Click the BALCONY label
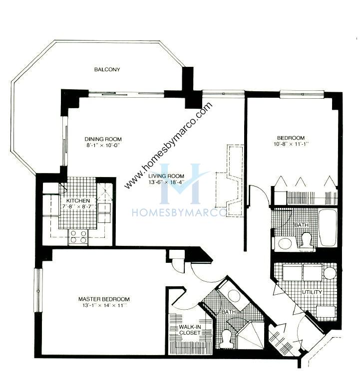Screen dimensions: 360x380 pos(107,69)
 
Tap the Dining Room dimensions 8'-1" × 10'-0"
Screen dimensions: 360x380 pos(103,146)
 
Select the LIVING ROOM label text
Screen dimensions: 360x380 pos(166,176)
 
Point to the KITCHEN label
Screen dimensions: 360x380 pos(78,200)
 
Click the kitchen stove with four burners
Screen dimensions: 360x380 pos(78,237)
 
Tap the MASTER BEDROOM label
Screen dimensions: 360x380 pos(104,299)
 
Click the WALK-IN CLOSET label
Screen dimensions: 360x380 pos(190,330)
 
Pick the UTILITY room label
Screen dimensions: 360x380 pos(312,292)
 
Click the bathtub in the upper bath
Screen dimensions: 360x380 pos(328,228)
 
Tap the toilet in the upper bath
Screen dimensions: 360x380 pos(306,240)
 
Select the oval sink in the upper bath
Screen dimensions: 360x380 pos(285,243)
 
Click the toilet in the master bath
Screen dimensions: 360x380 pos(227,337)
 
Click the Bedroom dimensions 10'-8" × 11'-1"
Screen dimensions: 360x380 pos(291,144)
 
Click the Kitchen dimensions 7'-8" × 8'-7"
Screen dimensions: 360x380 pos(78,207)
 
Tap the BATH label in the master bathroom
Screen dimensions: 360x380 pos(229,312)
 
